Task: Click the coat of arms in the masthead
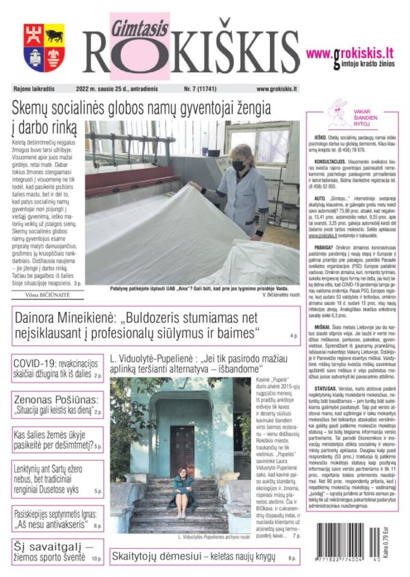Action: pos(44,47)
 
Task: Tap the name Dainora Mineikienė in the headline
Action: pos(74,319)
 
